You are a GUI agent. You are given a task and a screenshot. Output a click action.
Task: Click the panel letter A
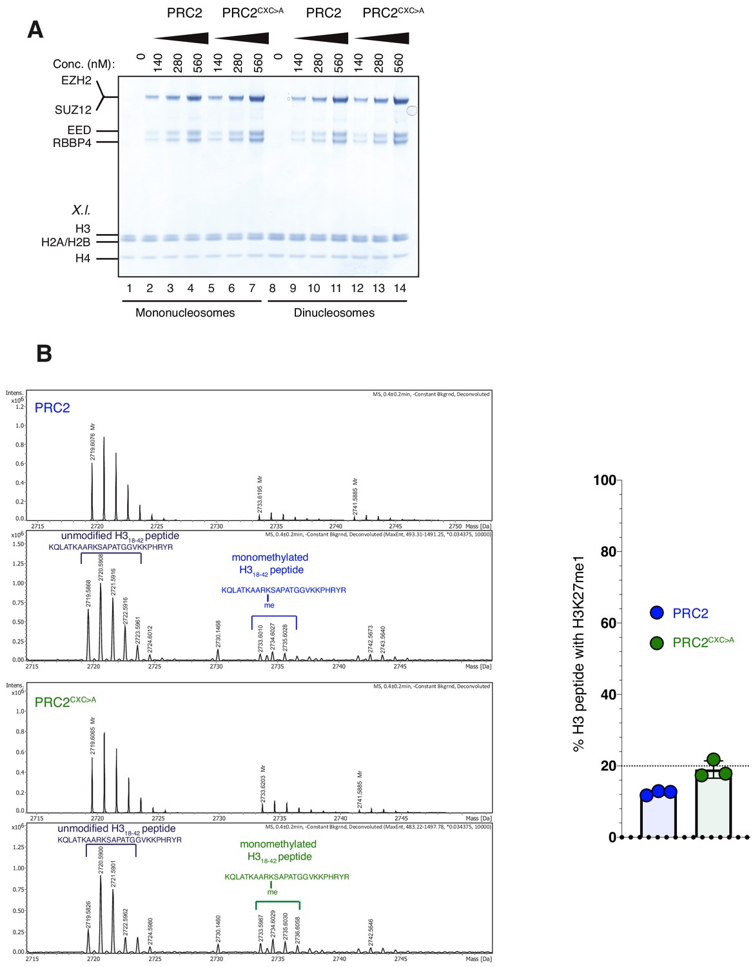tap(35, 30)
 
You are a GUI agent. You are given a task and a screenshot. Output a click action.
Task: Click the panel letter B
tap(44, 353)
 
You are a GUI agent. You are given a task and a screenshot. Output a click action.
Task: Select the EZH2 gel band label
tap(77, 81)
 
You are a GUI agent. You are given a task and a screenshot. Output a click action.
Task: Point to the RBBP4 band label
tap(72, 143)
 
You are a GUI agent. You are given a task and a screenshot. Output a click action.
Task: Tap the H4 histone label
tap(83, 259)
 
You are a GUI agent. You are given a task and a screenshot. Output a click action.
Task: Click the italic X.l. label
tap(81, 211)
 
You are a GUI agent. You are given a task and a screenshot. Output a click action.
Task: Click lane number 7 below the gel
tap(251, 288)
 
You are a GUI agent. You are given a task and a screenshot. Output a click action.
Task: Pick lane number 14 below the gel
tap(400, 288)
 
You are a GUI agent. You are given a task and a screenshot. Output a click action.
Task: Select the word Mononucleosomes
tap(185, 313)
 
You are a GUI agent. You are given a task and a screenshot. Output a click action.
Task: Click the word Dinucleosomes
tap(334, 313)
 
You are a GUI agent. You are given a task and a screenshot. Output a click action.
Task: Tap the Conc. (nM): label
tap(84, 64)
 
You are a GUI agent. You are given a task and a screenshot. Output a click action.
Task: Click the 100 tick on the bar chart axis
tap(605, 480)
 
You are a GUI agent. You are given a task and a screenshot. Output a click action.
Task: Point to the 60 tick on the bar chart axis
tap(608, 623)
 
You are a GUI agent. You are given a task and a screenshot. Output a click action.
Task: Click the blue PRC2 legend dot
tap(657, 613)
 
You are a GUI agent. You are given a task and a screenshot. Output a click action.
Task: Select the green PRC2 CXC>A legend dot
tap(657, 643)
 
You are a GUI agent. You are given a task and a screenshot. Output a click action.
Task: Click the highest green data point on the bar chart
tap(713, 760)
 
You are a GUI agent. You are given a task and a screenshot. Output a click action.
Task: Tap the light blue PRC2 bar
tap(658, 816)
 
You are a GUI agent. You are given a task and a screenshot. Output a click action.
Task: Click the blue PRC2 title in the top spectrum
tap(52, 408)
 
